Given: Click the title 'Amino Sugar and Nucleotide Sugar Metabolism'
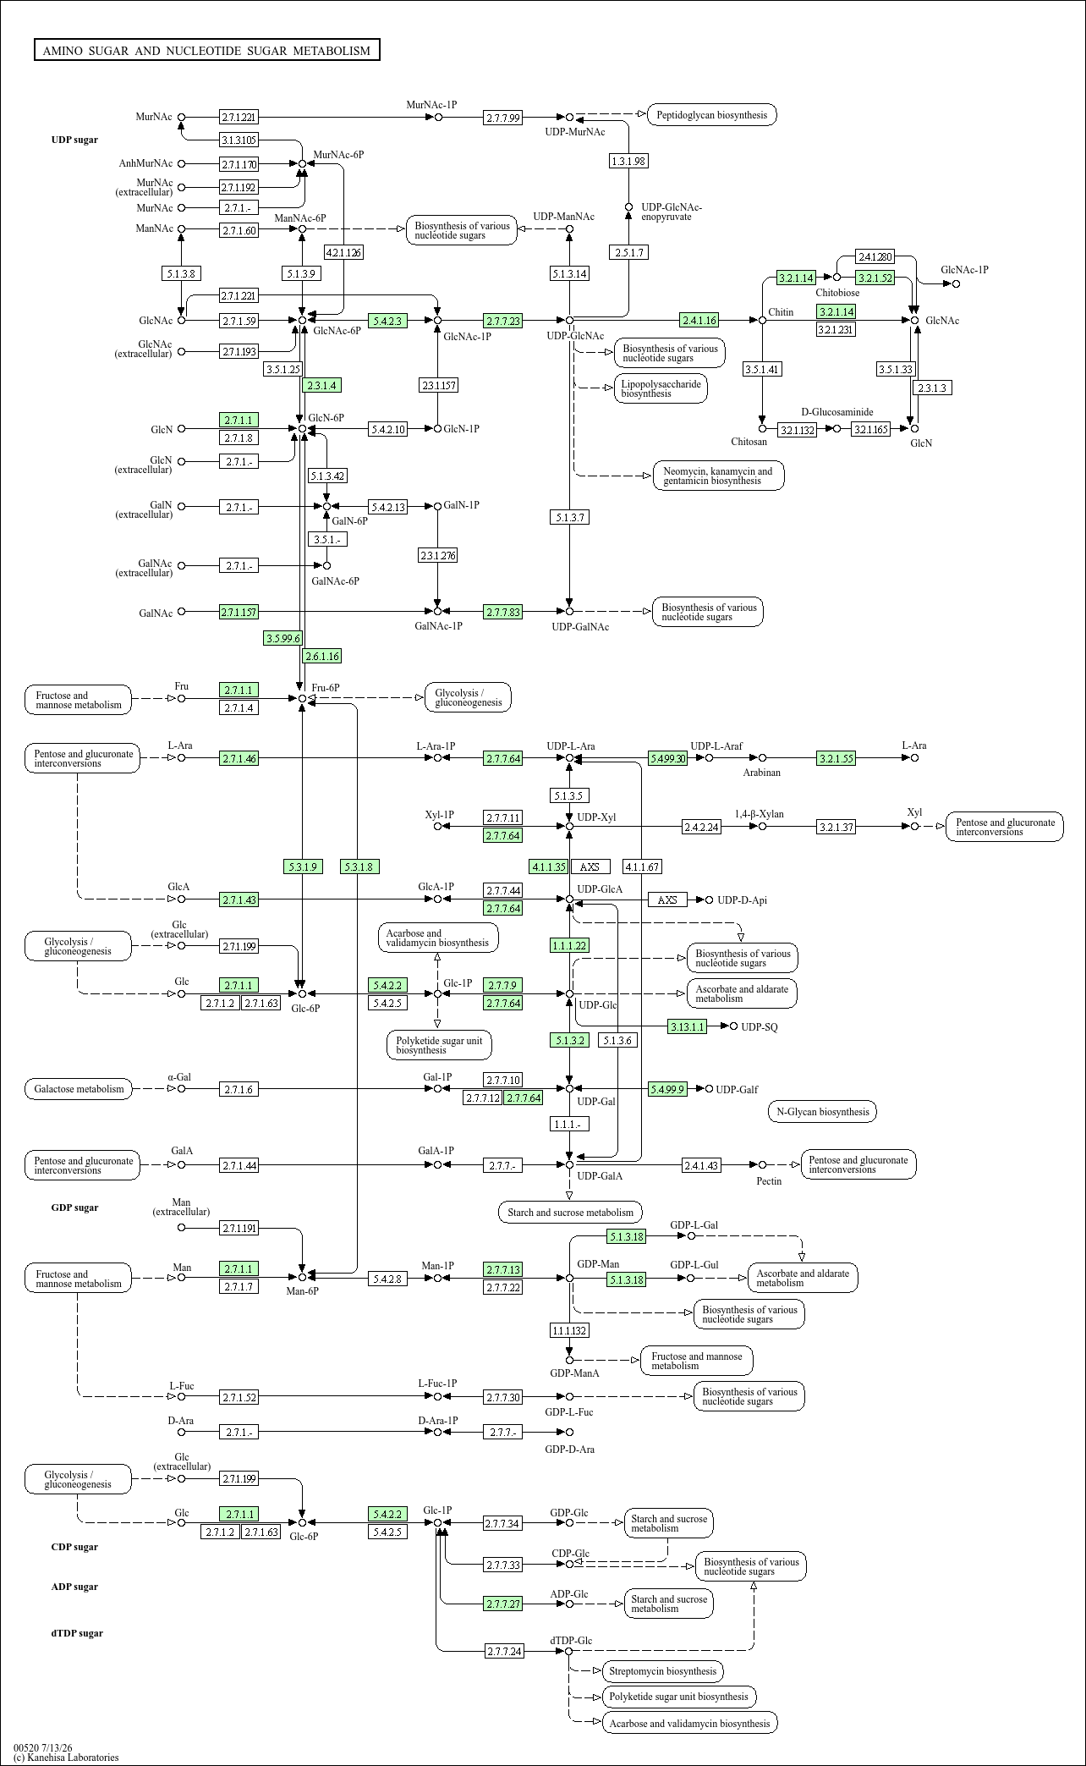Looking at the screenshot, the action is click(x=207, y=51).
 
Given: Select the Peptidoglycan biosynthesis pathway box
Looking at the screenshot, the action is click(x=712, y=115).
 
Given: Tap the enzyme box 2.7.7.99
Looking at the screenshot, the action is click(x=503, y=118).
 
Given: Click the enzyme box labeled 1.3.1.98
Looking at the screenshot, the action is click(x=628, y=161).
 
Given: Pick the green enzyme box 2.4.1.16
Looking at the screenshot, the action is click(x=699, y=320).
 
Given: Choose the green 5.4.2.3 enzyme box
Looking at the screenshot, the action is click(x=388, y=321).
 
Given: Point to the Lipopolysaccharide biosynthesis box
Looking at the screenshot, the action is click(x=661, y=388).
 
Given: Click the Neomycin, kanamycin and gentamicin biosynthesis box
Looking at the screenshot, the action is click(x=718, y=476).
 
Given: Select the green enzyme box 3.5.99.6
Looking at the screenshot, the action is click(x=282, y=638).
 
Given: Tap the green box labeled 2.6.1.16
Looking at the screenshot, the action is click(x=322, y=656).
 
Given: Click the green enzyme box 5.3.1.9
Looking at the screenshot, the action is click(x=303, y=866).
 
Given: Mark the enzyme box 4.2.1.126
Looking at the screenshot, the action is click(x=343, y=252).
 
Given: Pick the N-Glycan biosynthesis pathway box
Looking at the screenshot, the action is click(x=822, y=1112).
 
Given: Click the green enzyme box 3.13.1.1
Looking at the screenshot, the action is click(x=687, y=1026).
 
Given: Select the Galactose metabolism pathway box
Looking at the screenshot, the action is click(x=79, y=1089).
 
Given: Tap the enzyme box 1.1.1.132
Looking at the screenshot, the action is click(x=569, y=1330).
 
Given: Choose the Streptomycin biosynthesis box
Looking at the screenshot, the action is click(x=662, y=1671).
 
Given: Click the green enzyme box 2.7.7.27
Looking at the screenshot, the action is click(x=503, y=1604).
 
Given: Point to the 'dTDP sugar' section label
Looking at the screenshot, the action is click(x=77, y=1633).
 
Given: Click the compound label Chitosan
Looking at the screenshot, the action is click(x=749, y=442).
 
